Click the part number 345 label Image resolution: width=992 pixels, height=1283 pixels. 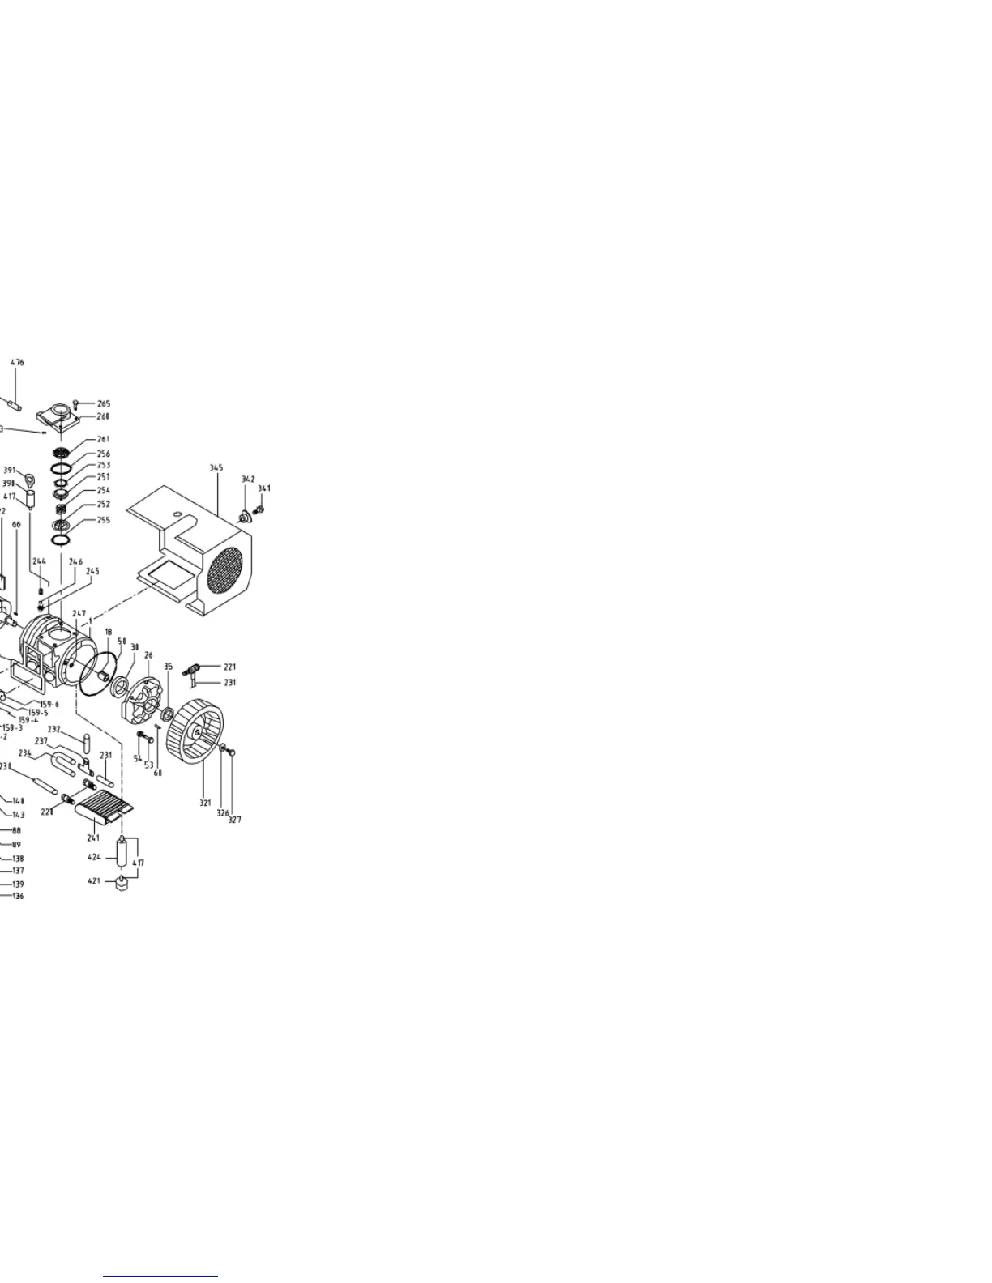click(216, 468)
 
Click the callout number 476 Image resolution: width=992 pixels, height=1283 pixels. click(17, 363)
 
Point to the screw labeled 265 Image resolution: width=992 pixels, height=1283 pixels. click(76, 403)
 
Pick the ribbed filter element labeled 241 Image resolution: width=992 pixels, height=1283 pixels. click(104, 806)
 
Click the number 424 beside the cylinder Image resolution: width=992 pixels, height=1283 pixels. click(95, 856)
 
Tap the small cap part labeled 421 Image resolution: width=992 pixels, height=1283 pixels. click(122, 884)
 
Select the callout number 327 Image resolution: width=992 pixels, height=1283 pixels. click(234, 820)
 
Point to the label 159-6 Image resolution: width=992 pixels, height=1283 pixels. click(49, 705)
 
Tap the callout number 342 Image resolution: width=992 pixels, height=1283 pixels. click(248, 480)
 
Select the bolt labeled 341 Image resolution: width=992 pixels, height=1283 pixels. click(259, 509)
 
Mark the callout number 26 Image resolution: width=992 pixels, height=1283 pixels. click(148, 655)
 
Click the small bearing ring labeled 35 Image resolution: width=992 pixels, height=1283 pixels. click(168, 714)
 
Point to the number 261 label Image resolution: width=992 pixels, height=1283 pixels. click(104, 440)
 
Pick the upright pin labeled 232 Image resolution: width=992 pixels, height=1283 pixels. click(87, 743)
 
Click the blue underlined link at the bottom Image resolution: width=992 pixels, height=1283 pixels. click(160, 1276)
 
